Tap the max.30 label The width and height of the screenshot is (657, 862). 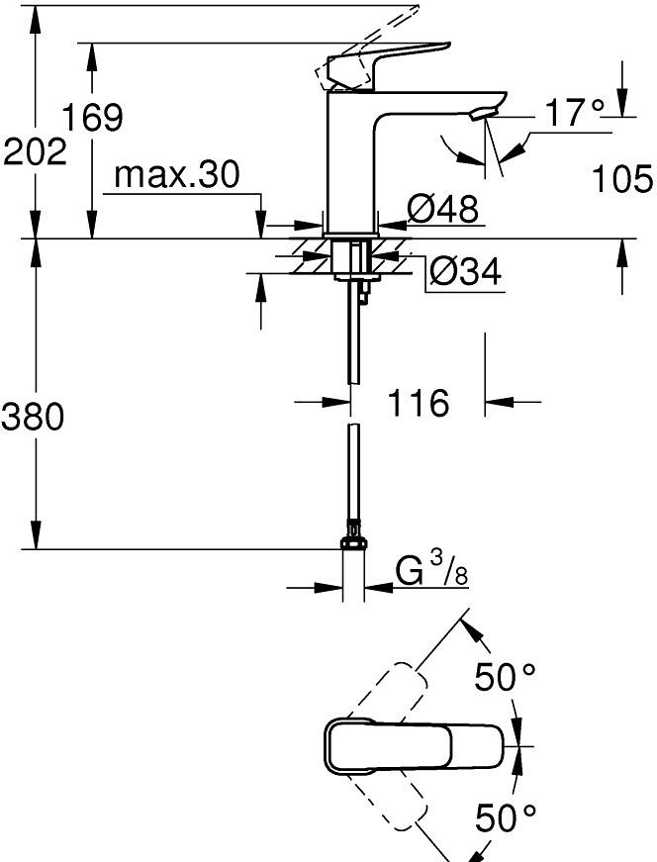coord(177,175)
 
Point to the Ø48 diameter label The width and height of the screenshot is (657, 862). coord(442,208)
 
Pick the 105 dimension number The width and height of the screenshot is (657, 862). coord(622,179)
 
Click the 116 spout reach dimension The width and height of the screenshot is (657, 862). coord(420,403)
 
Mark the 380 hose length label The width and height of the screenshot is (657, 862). coord(33,417)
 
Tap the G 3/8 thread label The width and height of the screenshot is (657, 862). coord(431,572)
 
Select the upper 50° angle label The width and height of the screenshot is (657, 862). coord(505,678)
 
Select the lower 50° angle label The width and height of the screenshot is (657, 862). coord(505,817)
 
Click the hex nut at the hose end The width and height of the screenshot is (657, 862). coord(353,542)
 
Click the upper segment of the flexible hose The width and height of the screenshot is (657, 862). coord(352,336)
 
